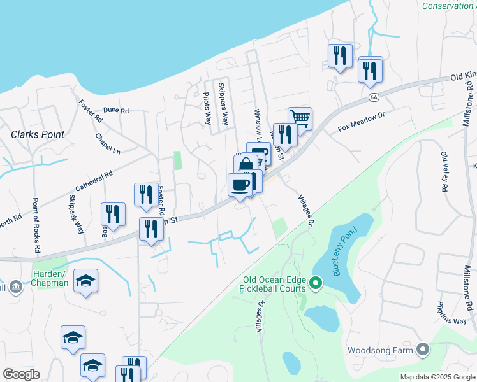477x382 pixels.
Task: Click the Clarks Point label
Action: [38, 134]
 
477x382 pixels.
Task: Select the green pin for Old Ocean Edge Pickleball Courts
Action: [315, 282]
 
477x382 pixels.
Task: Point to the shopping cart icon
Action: [300, 118]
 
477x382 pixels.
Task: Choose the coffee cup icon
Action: [240, 185]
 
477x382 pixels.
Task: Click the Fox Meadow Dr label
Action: [362, 121]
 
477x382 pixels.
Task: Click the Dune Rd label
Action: [115, 110]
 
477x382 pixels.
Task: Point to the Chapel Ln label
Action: [107, 145]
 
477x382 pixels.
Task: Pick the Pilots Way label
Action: [207, 108]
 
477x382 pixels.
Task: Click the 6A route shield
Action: [374, 97]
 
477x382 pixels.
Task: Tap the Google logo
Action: [21, 374]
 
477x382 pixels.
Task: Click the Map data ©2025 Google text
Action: [437, 377]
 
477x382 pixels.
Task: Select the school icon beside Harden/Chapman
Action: [85, 281]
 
